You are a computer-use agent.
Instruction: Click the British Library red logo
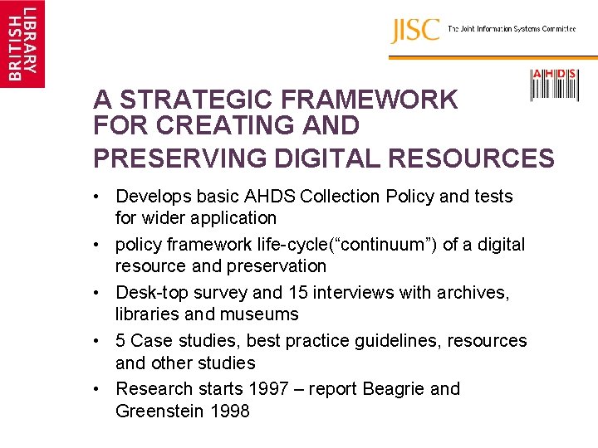(x=22, y=43)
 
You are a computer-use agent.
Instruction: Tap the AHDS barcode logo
(x=554, y=85)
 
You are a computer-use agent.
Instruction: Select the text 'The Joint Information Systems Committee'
(x=512, y=29)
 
